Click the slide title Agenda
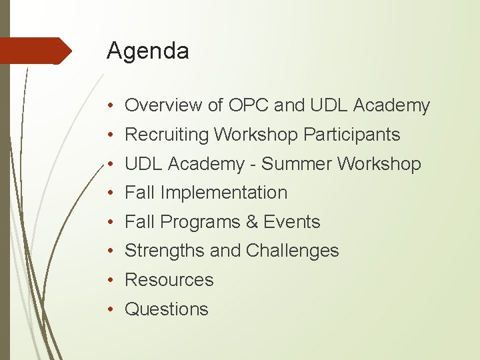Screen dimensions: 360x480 pos(147,51)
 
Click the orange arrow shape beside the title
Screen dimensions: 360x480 pos(37,51)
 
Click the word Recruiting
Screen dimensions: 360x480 pos(167,135)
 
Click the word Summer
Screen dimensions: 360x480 pos(300,163)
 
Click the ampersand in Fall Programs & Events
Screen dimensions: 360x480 pos(252,222)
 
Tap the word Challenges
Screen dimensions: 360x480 pos(292,251)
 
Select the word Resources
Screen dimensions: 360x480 pos(169,280)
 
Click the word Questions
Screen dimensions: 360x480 pos(167,309)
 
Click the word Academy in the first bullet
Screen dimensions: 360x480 pos(391,105)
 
